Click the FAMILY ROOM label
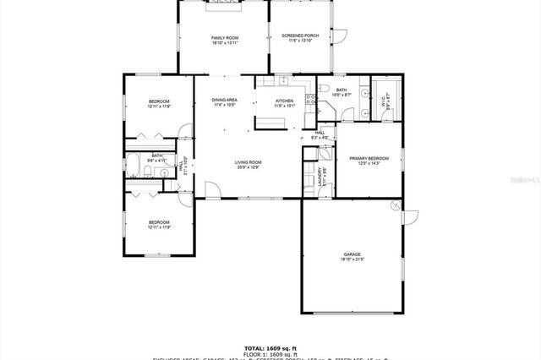[225, 36]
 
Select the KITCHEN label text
[285, 101]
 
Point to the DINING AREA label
[224, 101]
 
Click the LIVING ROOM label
[248, 162]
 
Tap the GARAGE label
[352, 254]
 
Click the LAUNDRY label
[320, 174]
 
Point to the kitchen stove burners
[309, 101]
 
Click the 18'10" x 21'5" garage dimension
[352, 259]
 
